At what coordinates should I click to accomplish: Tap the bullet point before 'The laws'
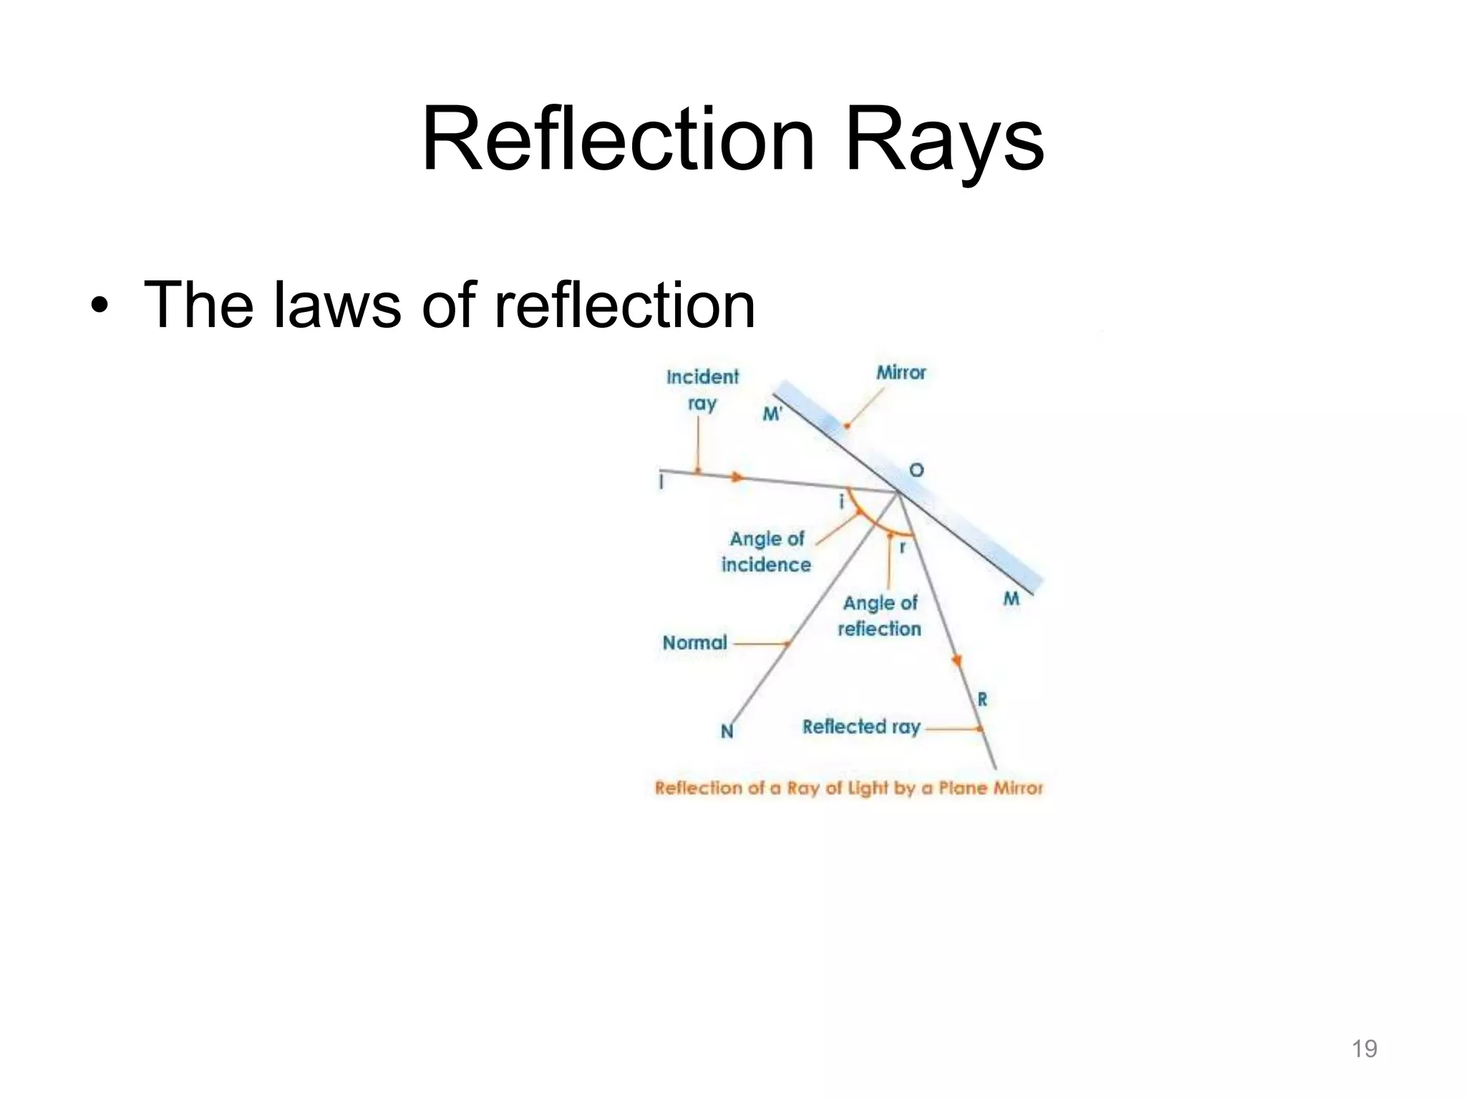tap(99, 307)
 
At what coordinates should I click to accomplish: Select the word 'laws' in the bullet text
tap(336, 306)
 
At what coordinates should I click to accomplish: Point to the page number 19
tap(1364, 1048)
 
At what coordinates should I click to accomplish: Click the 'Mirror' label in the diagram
tap(901, 373)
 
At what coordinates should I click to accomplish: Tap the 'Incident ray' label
tap(702, 390)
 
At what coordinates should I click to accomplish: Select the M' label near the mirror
tap(772, 414)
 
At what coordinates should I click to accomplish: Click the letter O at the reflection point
tap(916, 470)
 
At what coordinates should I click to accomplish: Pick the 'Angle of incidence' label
tap(766, 552)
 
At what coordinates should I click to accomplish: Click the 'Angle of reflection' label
tap(880, 616)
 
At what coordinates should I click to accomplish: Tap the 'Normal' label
tap(694, 643)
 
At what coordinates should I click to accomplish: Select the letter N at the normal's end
tap(727, 731)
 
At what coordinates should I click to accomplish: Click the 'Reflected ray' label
tap(861, 727)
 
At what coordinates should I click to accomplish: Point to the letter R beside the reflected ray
tap(982, 699)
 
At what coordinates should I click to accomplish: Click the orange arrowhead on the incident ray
tap(737, 477)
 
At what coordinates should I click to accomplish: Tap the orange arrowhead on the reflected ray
tap(956, 661)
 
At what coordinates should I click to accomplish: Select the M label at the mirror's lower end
tap(1011, 598)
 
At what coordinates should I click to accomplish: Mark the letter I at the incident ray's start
tap(661, 482)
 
